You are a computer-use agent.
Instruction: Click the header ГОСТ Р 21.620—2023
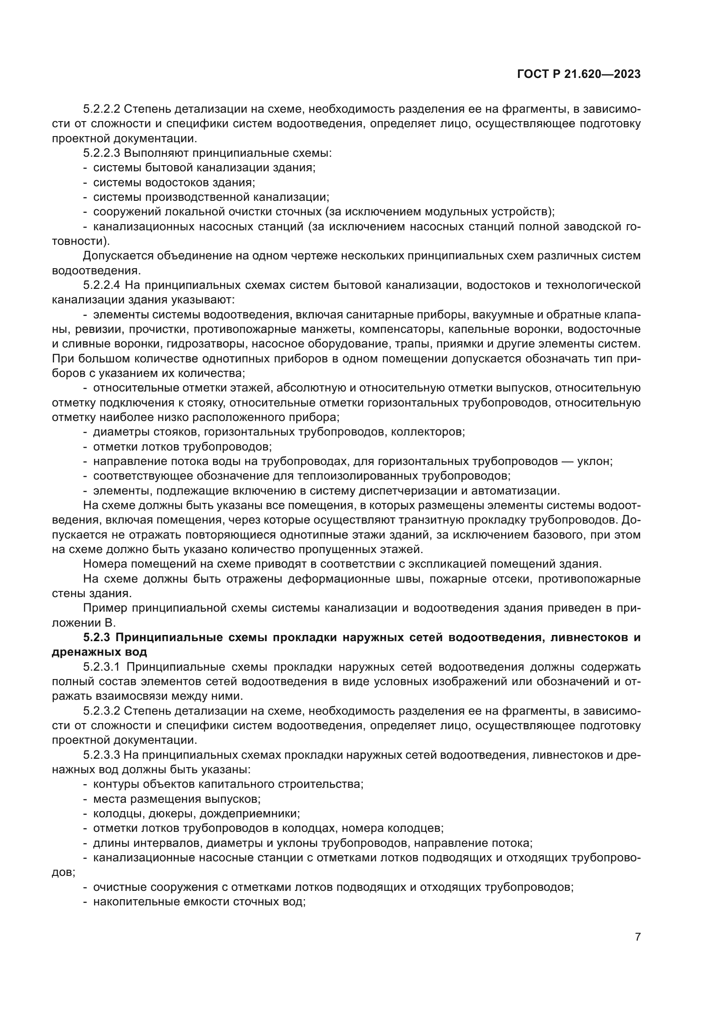579,74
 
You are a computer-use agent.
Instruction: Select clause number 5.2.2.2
102,109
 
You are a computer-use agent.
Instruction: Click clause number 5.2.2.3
102,153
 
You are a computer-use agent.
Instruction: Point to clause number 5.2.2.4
102,285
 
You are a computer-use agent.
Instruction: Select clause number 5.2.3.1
102,667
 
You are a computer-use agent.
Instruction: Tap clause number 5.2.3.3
102,755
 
